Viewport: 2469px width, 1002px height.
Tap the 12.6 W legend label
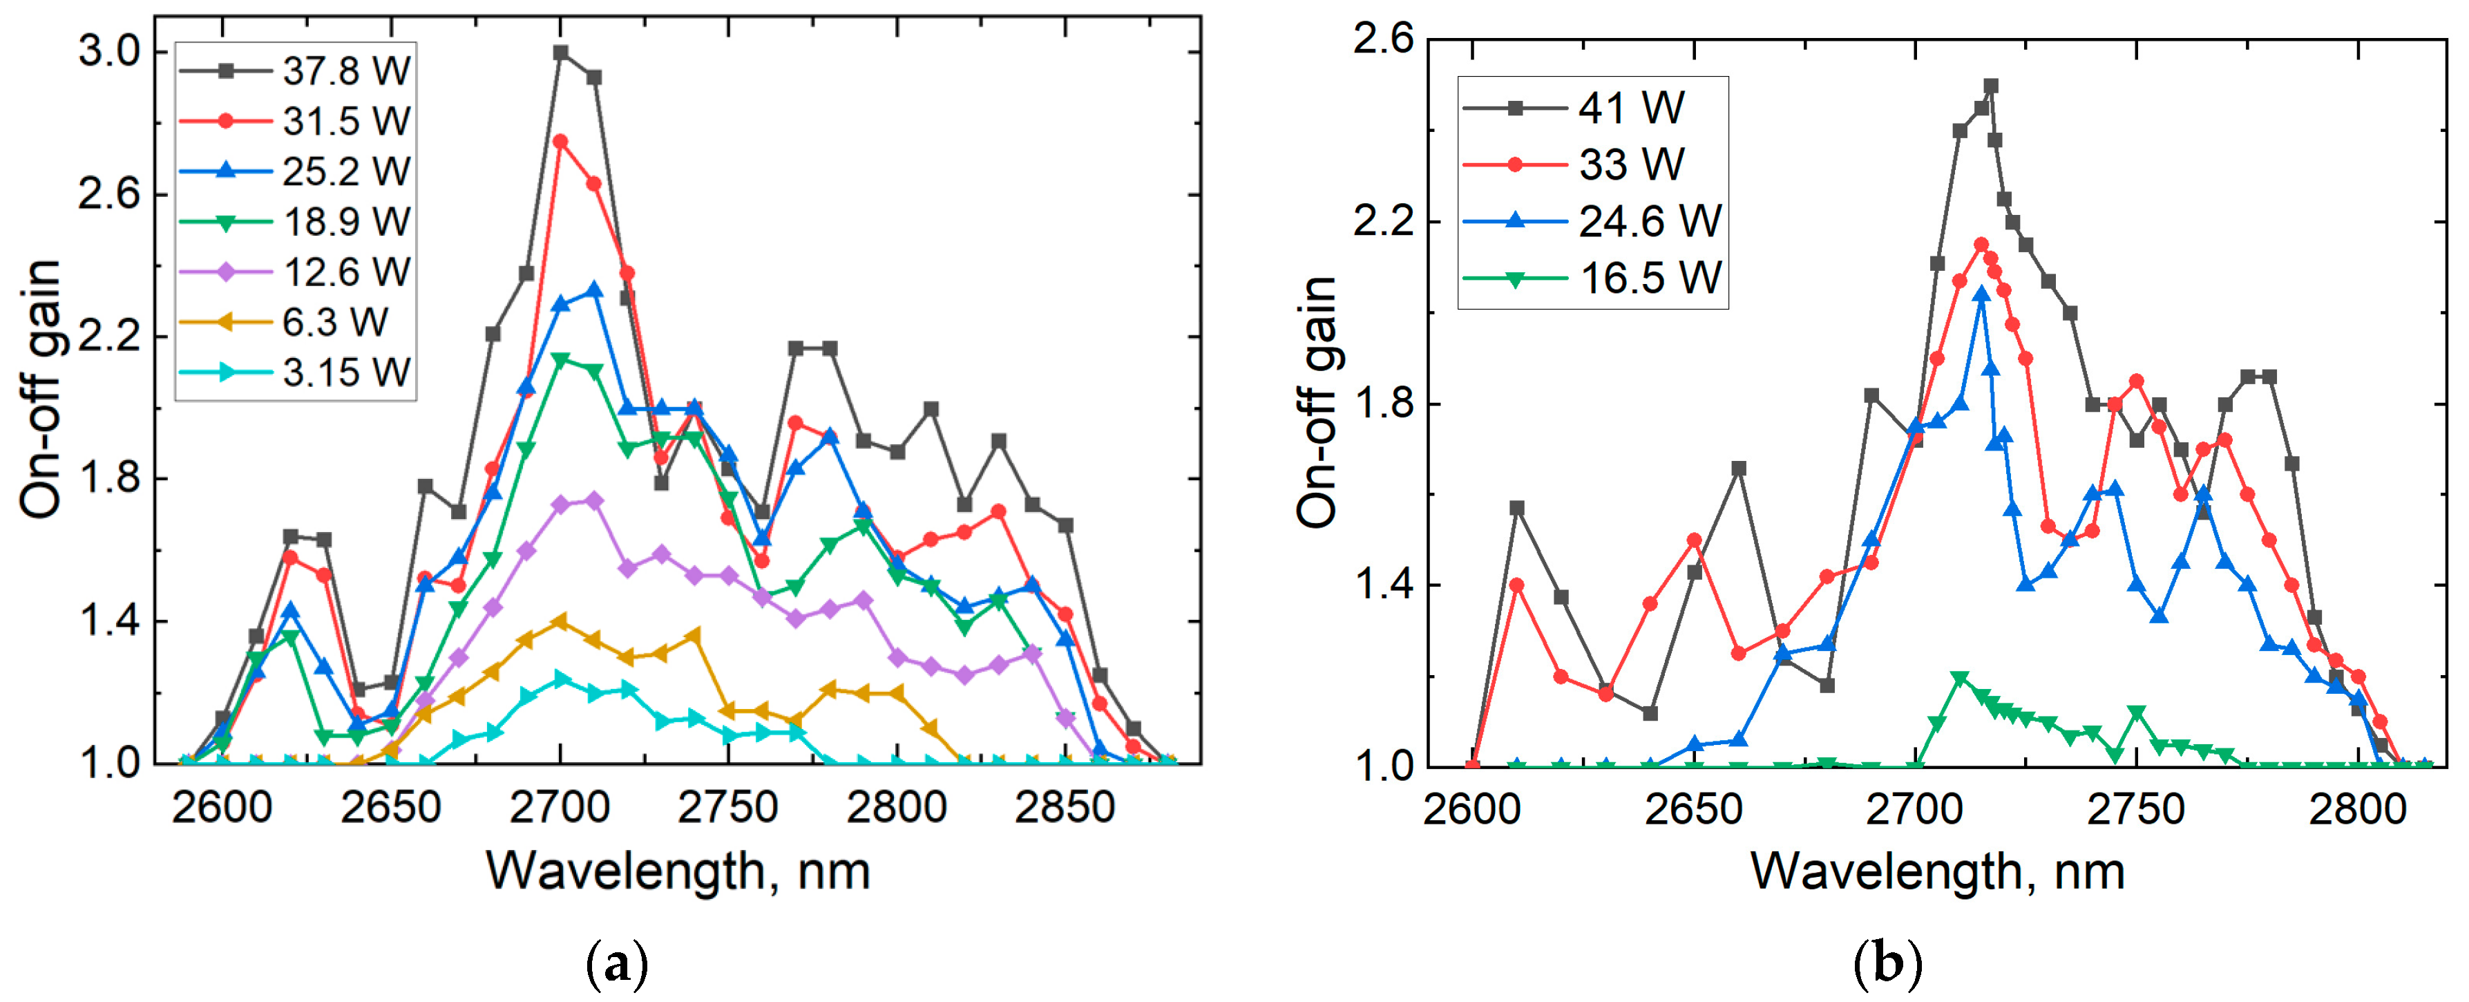click(x=346, y=272)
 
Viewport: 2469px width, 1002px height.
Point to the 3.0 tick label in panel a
click(x=108, y=51)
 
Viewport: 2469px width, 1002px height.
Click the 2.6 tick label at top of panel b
click(x=1381, y=39)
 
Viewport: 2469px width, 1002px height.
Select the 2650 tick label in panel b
click(x=1694, y=810)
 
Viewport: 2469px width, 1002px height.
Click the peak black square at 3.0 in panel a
click(x=561, y=53)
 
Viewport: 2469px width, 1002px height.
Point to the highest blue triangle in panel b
click(x=1981, y=294)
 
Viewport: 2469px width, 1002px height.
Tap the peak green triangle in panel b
click(x=1959, y=679)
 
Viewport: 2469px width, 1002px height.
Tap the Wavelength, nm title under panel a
click(x=678, y=871)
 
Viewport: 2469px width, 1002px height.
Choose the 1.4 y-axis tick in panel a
click(x=108, y=621)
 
